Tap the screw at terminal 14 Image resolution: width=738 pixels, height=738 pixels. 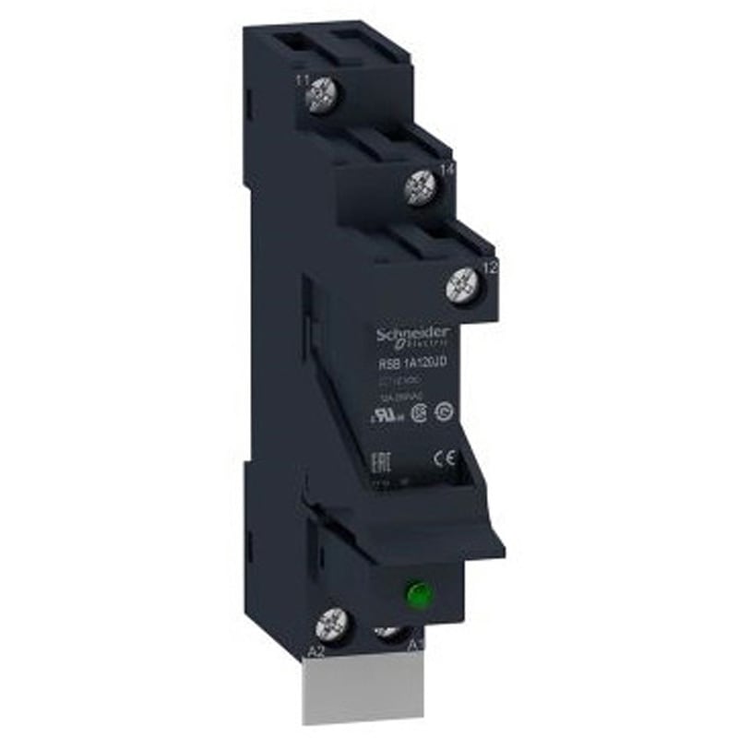click(x=421, y=188)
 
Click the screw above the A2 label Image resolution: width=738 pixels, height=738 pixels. click(x=329, y=627)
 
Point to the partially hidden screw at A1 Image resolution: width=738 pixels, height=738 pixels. click(x=388, y=633)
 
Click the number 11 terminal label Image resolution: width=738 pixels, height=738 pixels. click(x=301, y=81)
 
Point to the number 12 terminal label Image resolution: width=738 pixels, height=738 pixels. click(x=490, y=268)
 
